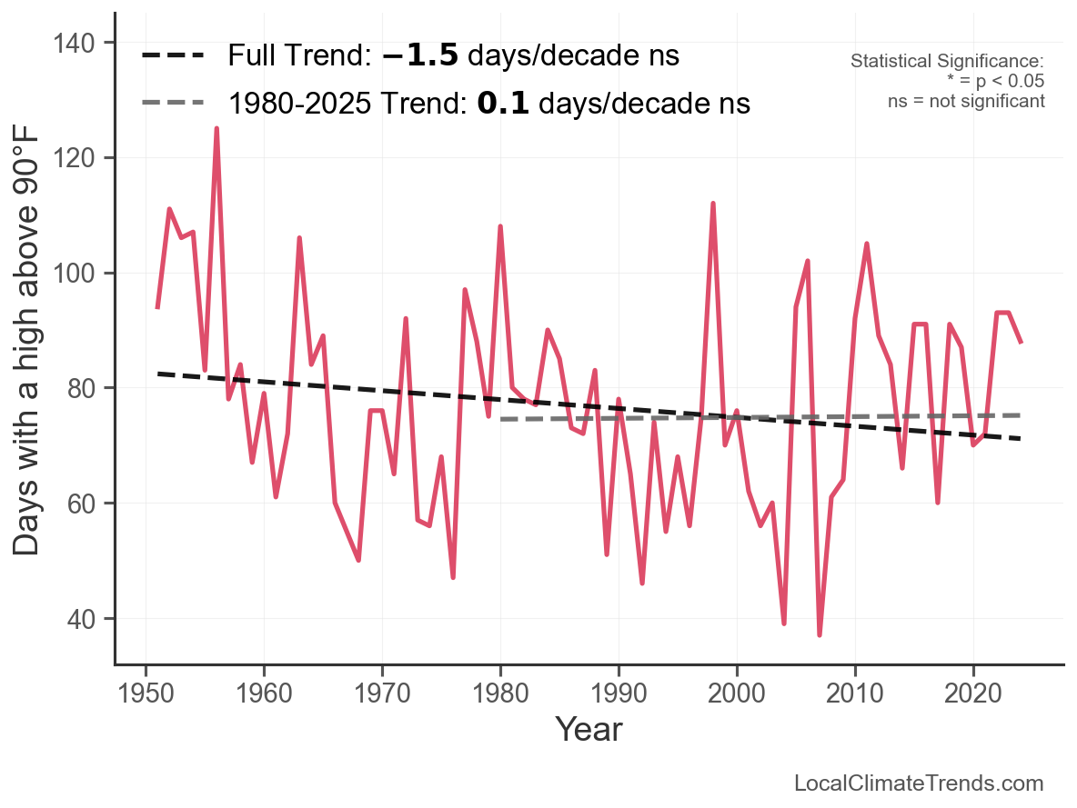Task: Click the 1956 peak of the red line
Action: (x=216, y=129)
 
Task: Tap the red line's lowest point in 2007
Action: (x=820, y=634)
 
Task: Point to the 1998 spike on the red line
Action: (x=713, y=204)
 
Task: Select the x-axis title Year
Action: (x=589, y=729)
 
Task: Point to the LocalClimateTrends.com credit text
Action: (x=919, y=783)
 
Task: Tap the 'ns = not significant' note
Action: (x=966, y=101)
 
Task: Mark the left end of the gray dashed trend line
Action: (x=501, y=419)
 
